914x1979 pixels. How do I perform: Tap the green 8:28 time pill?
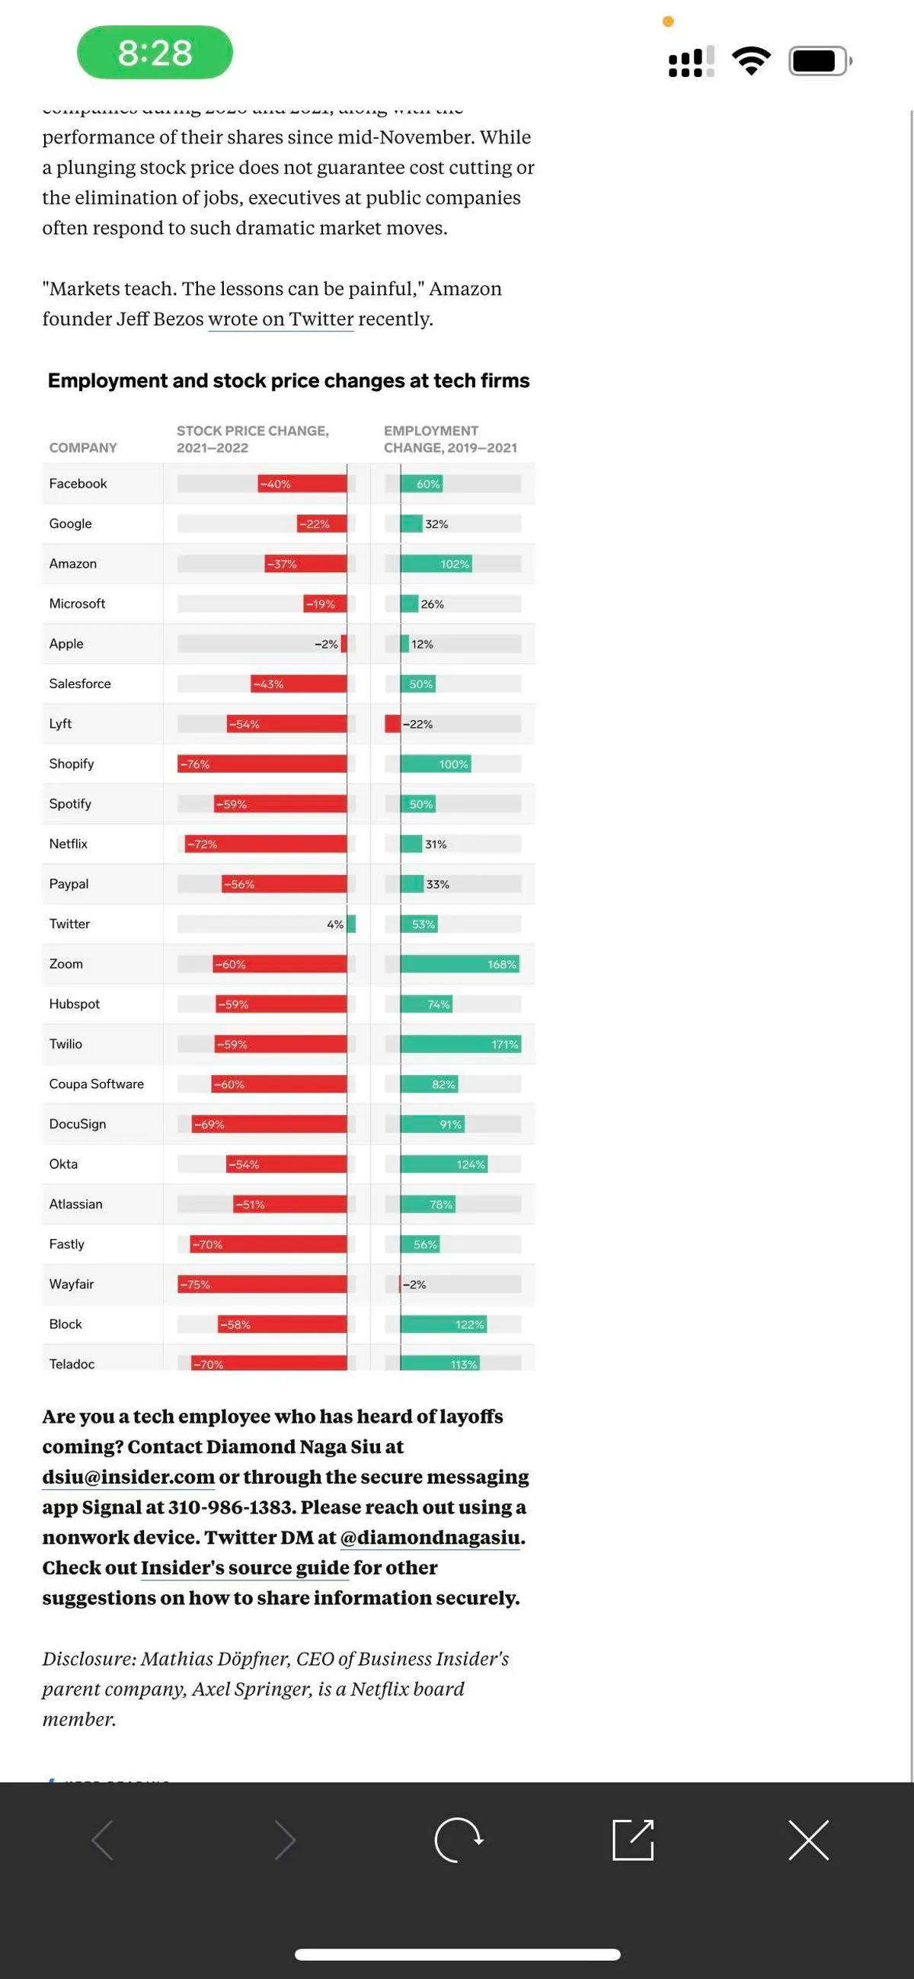(155, 53)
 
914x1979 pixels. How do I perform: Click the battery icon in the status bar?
(819, 61)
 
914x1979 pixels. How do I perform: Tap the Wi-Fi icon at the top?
(751, 60)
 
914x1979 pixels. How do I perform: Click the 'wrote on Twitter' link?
(280, 319)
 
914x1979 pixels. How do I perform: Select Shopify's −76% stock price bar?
(262, 764)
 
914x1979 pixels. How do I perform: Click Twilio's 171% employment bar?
(460, 1044)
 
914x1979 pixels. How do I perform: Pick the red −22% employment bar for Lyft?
(392, 724)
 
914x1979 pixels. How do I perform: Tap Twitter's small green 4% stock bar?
(351, 924)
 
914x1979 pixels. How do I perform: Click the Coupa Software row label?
(96, 1084)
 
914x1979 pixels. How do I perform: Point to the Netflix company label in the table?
(69, 844)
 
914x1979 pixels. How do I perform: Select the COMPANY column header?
(83, 447)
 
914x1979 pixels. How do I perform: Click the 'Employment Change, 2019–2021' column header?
(450, 439)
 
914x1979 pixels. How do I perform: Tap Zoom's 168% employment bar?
(459, 964)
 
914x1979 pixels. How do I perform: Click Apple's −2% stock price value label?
(326, 644)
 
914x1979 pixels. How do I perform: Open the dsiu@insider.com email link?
(128, 1477)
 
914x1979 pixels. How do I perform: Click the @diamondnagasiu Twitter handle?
(430, 1537)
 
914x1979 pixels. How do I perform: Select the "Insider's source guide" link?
(245, 1568)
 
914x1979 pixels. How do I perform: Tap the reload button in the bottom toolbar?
(458, 1840)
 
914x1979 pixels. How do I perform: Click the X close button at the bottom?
(808, 1840)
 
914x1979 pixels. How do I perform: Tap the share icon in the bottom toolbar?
(633, 1840)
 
